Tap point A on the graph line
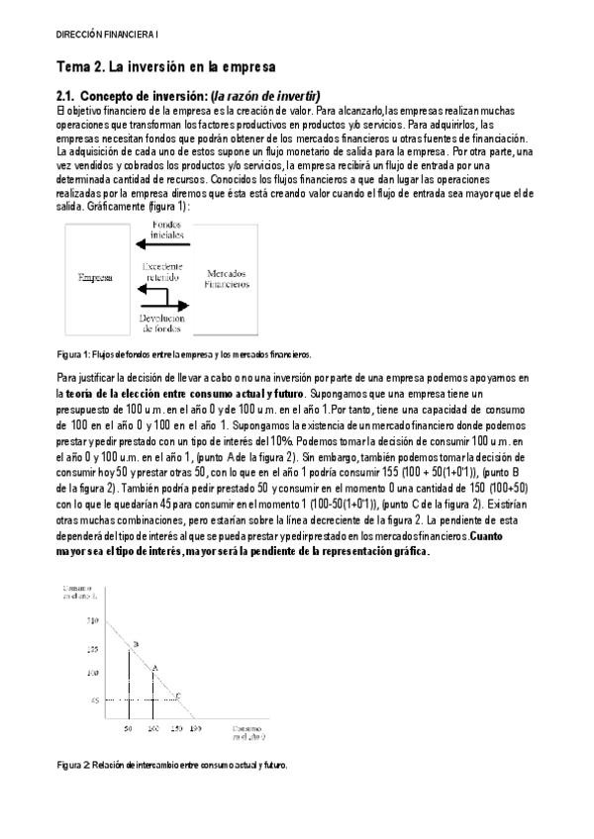tap(153, 669)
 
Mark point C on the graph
tap(176, 697)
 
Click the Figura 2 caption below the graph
tap(172, 766)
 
